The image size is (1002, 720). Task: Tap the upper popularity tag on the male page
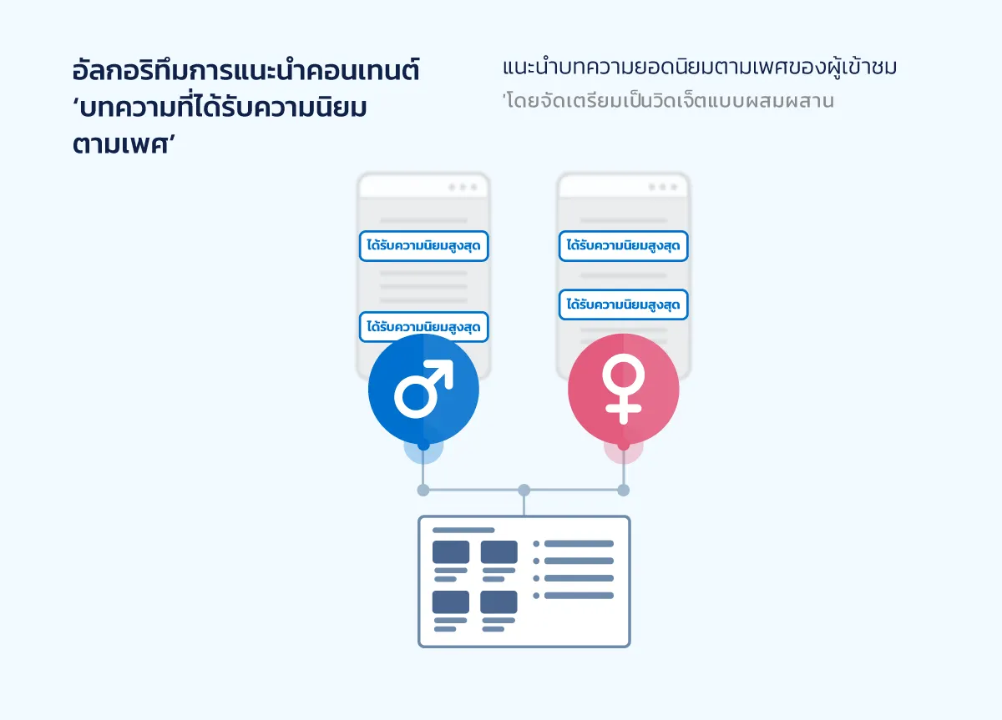(x=423, y=246)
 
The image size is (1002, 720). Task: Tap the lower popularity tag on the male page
(x=423, y=327)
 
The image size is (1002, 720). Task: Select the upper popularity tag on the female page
(x=623, y=245)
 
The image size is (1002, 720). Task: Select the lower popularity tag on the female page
(x=623, y=305)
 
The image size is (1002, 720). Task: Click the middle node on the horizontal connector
(x=524, y=490)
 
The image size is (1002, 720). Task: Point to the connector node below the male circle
(x=423, y=490)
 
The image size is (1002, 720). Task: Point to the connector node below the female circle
(x=623, y=490)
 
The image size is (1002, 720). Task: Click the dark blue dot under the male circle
(x=423, y=446)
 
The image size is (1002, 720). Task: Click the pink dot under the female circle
(x=623, y=446)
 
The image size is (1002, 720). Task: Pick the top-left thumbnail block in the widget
(x=451, y=551)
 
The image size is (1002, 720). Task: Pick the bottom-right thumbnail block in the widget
(x=498, y=602)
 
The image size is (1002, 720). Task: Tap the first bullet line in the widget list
(x=578, y=544)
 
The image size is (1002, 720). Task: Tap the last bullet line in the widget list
(x=578, y=596)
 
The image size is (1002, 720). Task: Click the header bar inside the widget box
(x=463, y=530)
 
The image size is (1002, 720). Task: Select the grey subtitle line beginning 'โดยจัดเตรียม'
(x=668, y=102)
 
